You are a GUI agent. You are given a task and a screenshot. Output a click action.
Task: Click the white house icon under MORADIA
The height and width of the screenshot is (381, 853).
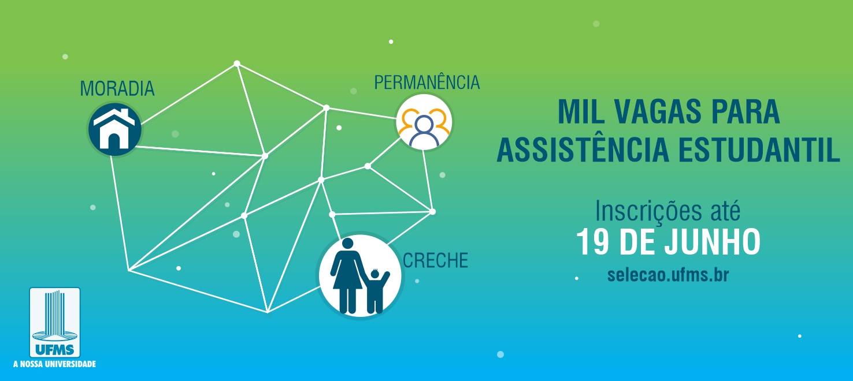[x=114, y=129]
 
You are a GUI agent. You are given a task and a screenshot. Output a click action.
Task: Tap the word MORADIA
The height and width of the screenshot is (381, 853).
[x=117, y=88]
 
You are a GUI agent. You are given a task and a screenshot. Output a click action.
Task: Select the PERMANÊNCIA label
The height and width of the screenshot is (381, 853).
[x=427, y=82]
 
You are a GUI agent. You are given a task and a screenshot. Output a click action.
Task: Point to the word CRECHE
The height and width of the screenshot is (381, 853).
[x=435, y=260]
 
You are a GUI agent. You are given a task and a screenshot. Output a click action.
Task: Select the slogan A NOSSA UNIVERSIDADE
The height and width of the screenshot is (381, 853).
[x=54, y=364]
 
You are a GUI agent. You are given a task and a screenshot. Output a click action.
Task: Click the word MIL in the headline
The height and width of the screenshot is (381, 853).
[x=581, y=112]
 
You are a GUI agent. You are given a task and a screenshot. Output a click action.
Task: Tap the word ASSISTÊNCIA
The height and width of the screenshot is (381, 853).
[x=583, y=149]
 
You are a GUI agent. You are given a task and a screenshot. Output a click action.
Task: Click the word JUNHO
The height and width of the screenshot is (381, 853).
[x=713, y=242]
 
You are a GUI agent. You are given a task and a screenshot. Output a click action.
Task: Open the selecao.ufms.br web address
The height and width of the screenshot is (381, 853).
[x=668, y=275]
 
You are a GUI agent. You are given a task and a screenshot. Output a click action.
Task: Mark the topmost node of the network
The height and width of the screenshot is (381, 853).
[x=237, y=63]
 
